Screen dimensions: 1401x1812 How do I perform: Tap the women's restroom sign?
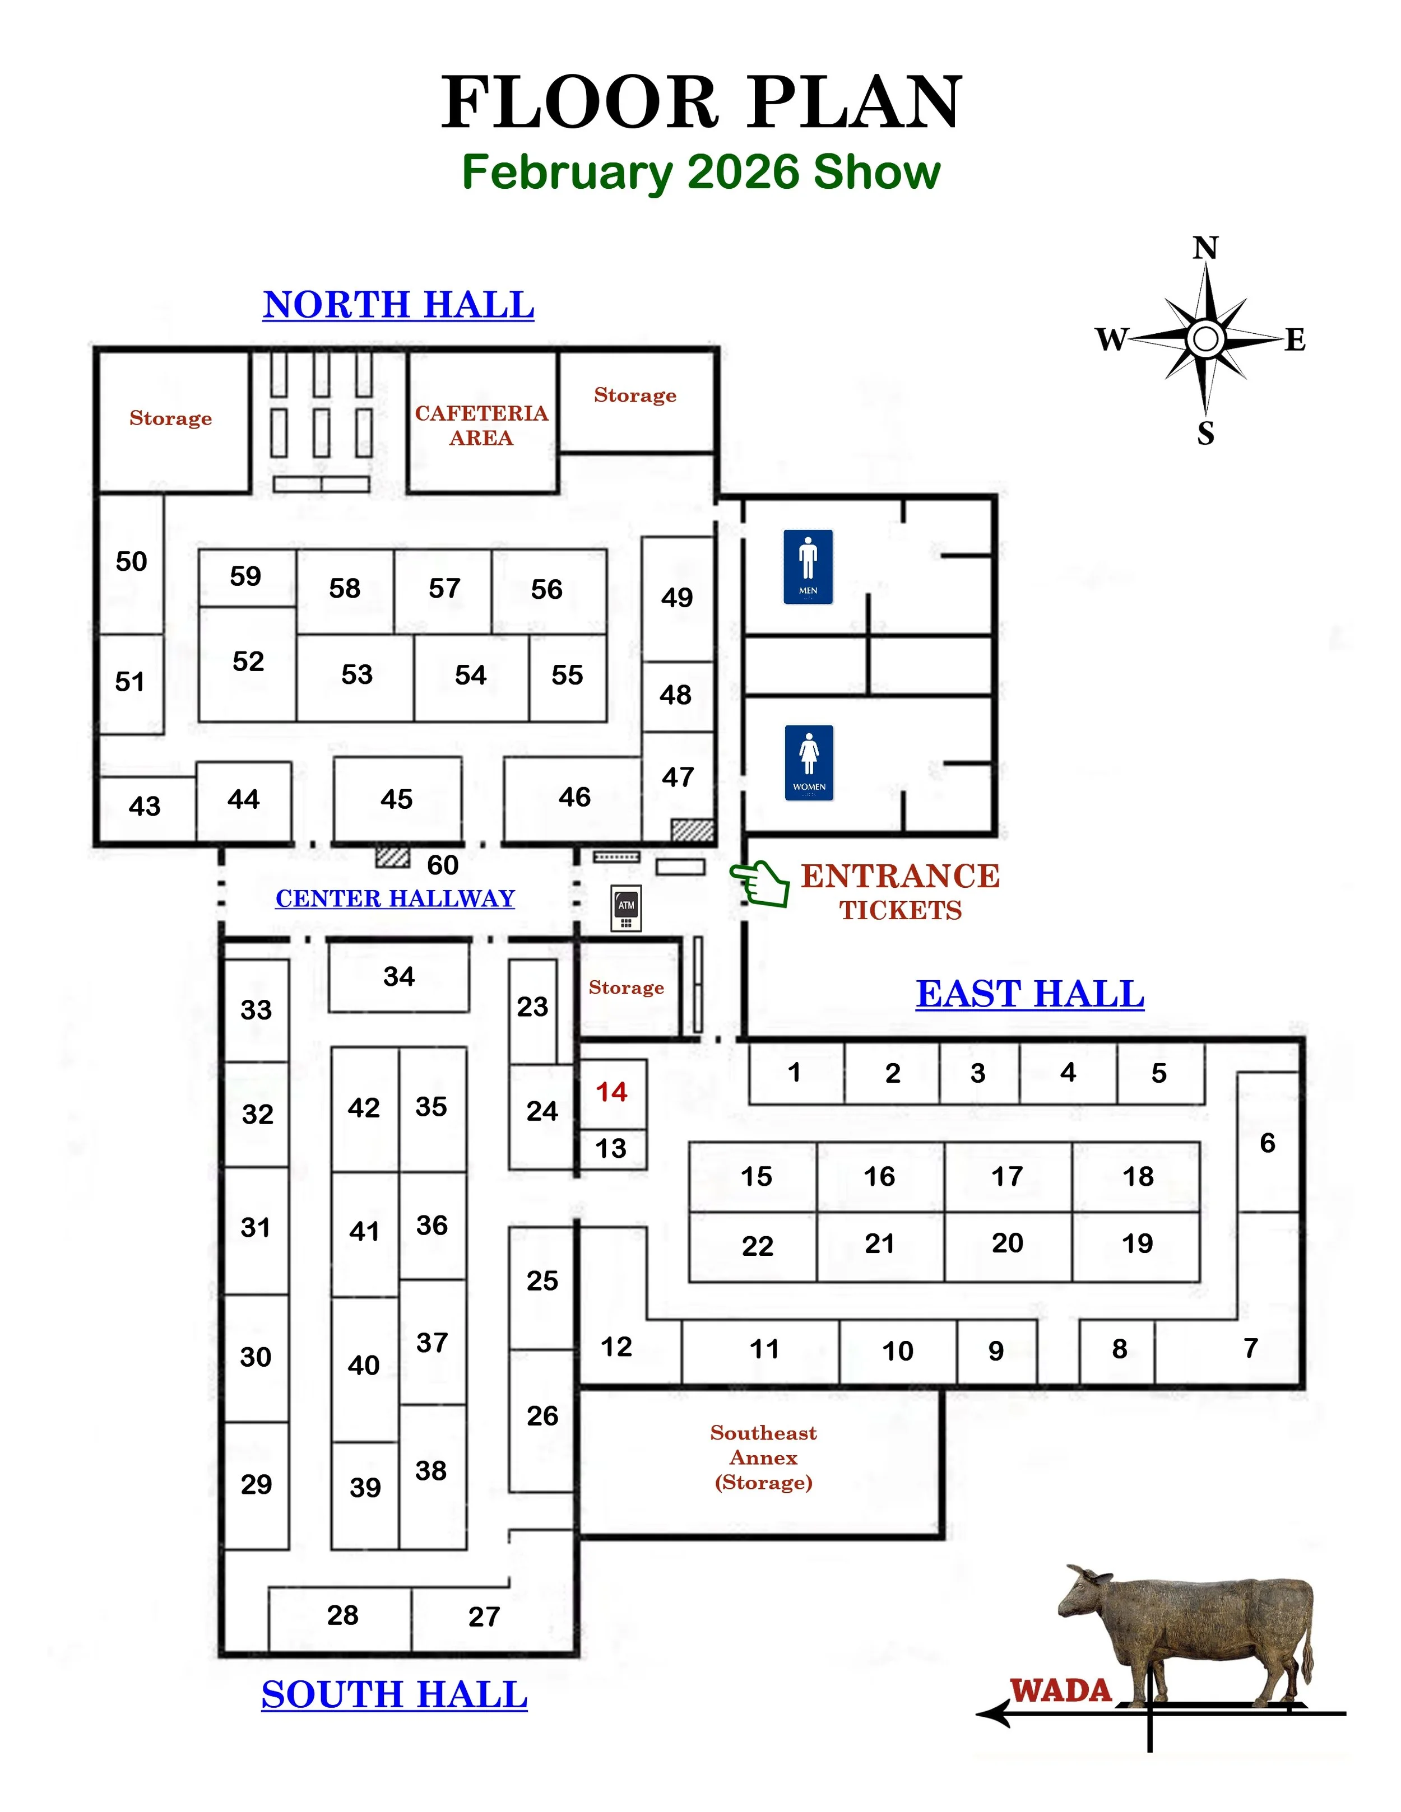click(x=809, y=762)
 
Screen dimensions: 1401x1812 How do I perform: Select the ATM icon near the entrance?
click(x=626, y=907)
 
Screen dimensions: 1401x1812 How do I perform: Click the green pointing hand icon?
click(x=760, y=882)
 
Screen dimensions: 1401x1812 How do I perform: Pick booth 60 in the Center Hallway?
click(x=442, y=864)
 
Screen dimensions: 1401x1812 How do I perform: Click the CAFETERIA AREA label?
click(x=481, y=425)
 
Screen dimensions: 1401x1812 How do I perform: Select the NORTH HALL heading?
click(x=398, y=305)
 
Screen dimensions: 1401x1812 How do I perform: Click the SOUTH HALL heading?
click(x=394, y=1694)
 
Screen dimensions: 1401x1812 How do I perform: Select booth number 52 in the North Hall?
click(x=248, y=662)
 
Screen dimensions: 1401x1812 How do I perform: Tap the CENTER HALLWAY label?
click(x=395, y=898)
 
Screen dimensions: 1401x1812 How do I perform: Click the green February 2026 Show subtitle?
click(x=700, y=172)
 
